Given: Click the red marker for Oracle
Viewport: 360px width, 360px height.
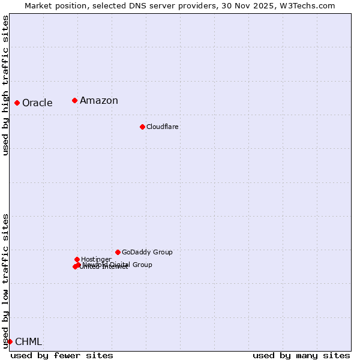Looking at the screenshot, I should coord(17,103).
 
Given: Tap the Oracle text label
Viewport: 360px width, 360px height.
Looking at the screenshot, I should coord(37,103).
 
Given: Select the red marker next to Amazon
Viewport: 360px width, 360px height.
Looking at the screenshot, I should coord(74,100).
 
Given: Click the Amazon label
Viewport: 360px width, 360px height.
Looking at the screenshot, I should coord(99,101).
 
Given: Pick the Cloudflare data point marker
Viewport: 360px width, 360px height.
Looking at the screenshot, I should coord(142,127).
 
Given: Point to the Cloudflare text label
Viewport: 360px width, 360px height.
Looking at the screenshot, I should coord(163,127).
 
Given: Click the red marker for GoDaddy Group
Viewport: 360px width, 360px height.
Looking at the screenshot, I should coord(118,252).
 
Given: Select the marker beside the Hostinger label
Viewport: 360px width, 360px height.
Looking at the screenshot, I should coord(77,259).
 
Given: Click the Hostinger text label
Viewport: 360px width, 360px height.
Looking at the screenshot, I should coord(96,260).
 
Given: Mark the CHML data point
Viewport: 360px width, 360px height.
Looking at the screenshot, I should coord(10,341).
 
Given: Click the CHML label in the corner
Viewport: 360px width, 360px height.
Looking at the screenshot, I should coord(28,342).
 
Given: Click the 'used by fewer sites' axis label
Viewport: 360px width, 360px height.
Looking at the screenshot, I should coord(62,355).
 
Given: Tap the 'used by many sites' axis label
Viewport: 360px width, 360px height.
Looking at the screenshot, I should coord(301,355).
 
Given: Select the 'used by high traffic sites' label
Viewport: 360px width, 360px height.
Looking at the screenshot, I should coord(5,85).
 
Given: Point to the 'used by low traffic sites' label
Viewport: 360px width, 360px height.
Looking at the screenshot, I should coord(5,281).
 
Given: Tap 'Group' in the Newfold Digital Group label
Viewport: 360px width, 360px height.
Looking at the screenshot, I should coord(142,265).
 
